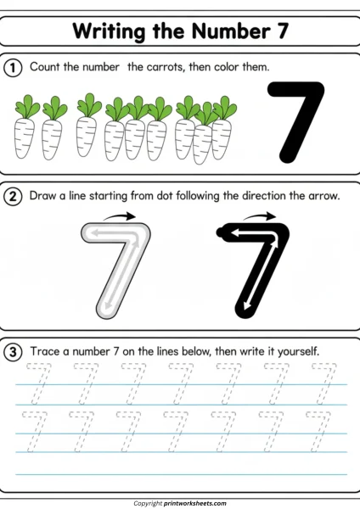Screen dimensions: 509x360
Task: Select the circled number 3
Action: (14, 350)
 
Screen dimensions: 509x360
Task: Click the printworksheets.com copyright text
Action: (180, 502)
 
